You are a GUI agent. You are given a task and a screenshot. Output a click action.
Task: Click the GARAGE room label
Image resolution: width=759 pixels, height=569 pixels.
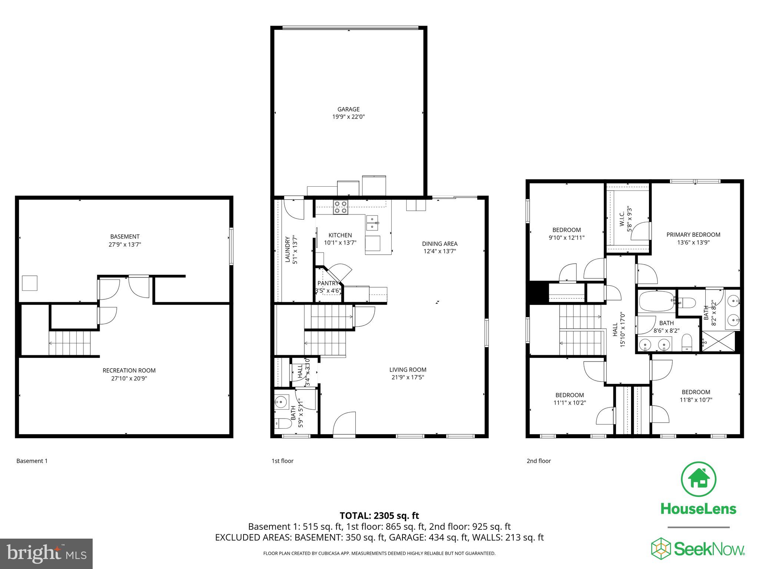pyautogui.click(x=348, y=109)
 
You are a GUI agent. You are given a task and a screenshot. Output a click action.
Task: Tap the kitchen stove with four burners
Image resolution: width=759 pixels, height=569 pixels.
pyautogui.click(x=340, y=207)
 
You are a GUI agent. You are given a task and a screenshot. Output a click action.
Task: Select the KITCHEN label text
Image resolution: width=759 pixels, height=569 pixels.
pyautogui.click(x=340, y=235)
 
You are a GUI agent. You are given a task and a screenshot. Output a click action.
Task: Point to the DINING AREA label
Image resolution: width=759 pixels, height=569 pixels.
pyautogui.click(x=440, y=244)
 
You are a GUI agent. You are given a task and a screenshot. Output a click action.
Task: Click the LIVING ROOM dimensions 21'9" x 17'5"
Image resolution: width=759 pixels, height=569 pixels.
pyautogui.click(x=407, y=377)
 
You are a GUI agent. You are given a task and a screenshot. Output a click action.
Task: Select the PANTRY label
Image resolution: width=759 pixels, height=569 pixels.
pyautogui.click(x=328, y=283)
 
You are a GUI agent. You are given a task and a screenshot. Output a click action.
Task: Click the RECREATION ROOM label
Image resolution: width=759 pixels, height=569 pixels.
pyautogui.click(x=129, y=370)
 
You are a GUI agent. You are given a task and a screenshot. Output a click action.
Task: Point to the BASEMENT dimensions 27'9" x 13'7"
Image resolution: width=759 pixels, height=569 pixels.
pyautogui.click(x=125, y=244)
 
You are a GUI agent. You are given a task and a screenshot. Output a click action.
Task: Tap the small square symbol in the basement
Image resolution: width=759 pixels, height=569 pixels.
pyautogui.click(x=30, y=283)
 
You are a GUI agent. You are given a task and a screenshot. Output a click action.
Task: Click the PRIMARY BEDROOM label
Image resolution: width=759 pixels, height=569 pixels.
pyautogui.click(x=693, y=234)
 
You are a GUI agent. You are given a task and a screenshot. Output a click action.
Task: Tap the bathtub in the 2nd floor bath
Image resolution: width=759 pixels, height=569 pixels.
pyautogui.click(x=656, y=301)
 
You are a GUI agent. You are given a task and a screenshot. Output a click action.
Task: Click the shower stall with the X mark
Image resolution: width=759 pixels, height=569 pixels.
pyautogui.click(x=718, y=342)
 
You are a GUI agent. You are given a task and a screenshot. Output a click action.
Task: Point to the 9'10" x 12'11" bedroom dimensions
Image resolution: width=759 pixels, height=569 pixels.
pyautogui.click(x=566, y=238)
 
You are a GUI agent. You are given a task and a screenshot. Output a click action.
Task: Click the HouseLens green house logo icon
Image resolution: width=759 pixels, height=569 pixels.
pyautogui.click(x=698, y=480)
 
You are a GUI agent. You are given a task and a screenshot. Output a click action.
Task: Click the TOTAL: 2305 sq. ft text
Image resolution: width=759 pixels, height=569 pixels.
pyautogui.click(x=379, y=516)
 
